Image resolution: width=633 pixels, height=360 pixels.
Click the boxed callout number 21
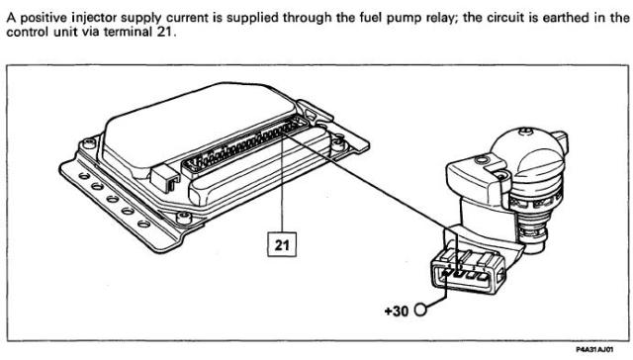pyautogui.click(x=282, y=244)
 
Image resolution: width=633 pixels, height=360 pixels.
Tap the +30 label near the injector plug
pyautogui.click(x=397, y=312)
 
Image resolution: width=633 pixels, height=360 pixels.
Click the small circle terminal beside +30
pyautogui.click(x=420, y=310)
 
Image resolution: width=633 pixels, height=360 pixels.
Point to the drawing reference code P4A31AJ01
pyautogui.click(x=594, y=349)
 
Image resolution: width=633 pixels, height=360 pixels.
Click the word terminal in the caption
pyautogui.click(x=127, y=32)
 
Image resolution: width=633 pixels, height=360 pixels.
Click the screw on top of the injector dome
pyautogui.click(x=525, y=131)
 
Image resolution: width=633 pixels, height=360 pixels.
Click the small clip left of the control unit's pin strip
pyautogui.click(x=165, y=178)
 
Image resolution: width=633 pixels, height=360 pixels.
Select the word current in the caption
pyautogui.click(x=188, y=18)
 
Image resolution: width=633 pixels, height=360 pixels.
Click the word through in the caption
pyautogui.click(x=308, y=19)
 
